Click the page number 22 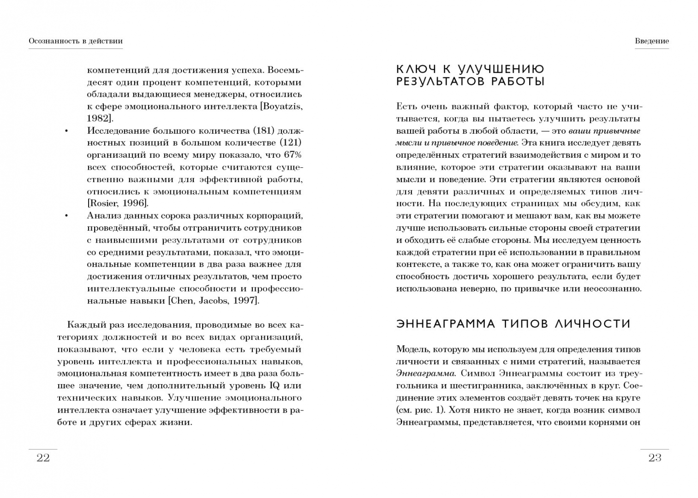pyautogui.click(x=43, y=457)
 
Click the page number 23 pyautogui.click(x=655, y=457)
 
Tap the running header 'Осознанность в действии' pyautogui.click(x=76, y=41)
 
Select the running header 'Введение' pyautogui.click(x=651, y=41)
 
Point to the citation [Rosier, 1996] pyautogui.click(x=118, y=203)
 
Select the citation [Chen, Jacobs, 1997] pyautogui.click(x=213, y=301)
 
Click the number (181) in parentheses pyautogui.click(x=264, y=130)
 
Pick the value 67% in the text pyautogui.click(x=292, y=155)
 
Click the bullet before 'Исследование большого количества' pyautogui.click(x=66, y=131)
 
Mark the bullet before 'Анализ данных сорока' pyautogui.click(x=66, y=216)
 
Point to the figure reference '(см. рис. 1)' pyautogui.click(x=420, y=410)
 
